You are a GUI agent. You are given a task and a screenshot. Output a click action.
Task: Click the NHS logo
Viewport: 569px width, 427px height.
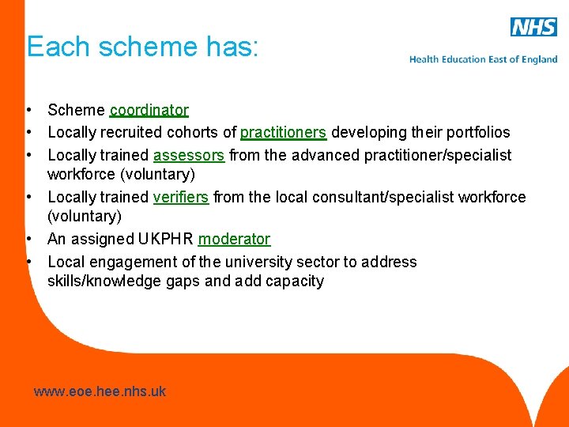533,27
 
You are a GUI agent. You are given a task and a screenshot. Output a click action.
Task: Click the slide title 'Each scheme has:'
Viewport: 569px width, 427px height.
142,47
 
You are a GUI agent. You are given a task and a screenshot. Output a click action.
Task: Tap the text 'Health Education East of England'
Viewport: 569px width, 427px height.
483,59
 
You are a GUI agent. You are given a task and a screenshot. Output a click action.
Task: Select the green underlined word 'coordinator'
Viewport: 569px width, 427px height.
149,110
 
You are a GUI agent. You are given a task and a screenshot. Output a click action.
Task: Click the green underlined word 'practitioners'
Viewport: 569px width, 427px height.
283,132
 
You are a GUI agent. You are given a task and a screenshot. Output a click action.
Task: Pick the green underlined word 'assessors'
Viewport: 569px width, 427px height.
189,155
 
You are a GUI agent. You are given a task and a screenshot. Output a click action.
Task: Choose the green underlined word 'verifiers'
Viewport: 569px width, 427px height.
180,196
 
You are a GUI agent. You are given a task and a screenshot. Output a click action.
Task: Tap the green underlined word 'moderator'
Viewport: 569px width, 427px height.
234,239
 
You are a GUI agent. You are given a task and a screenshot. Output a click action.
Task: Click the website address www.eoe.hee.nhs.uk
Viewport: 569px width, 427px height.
100,391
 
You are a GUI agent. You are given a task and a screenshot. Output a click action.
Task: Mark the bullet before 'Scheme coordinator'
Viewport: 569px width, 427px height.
28,110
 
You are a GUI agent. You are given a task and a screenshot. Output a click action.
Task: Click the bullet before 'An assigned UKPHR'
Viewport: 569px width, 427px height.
28,239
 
